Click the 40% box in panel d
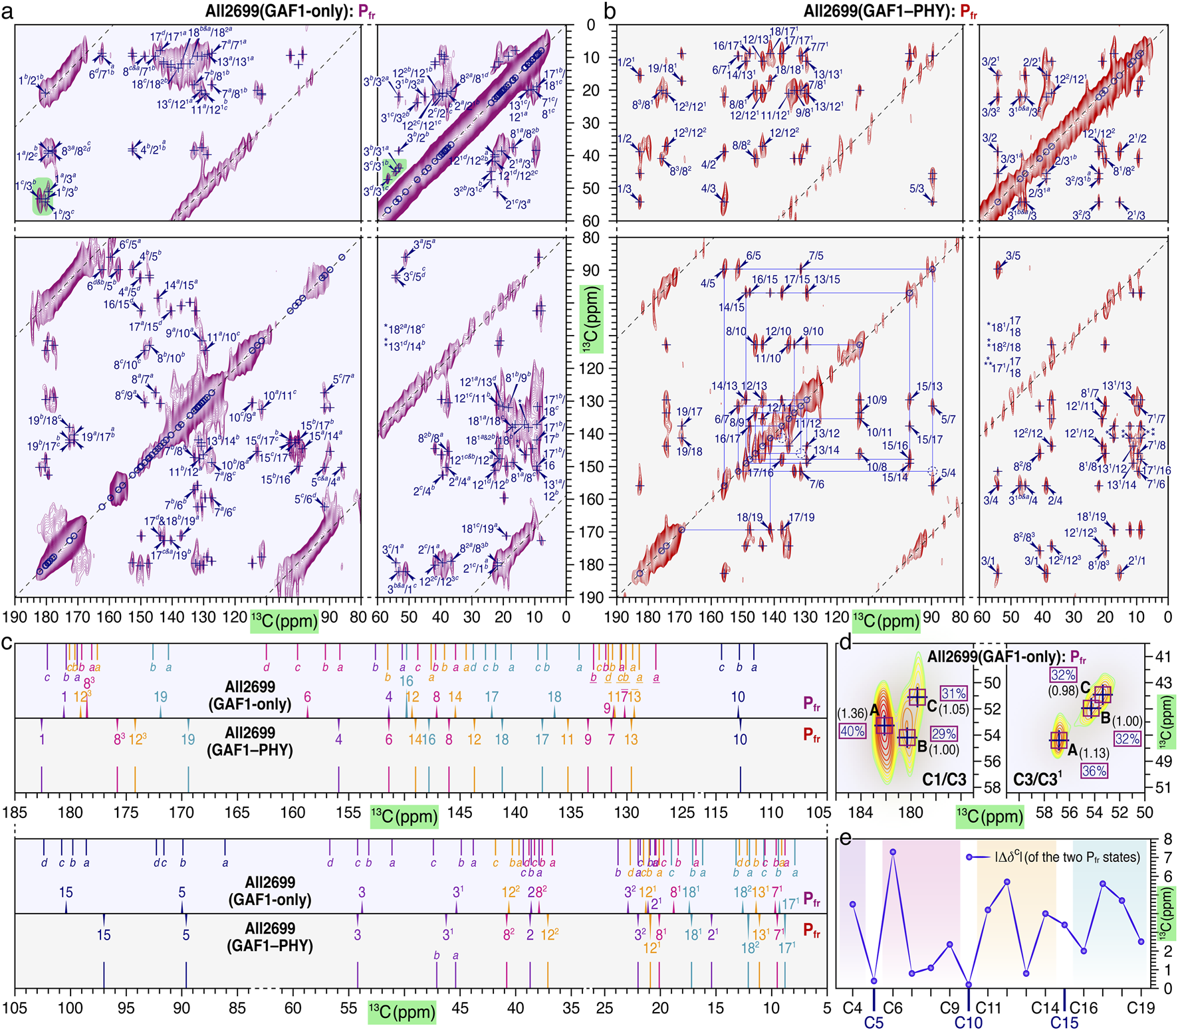pyautogui.click(x=853, y=731)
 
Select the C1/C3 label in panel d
pyautogui.click(x=944, y=779)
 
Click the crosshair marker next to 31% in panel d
pyautogui.click(x=918, y=697)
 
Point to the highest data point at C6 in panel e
pyautogui.click(x=893, y=852)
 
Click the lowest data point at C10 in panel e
pyautogui.click(x=969, y=985)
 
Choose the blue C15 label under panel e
pyautogui.click(x=1064, y=1022)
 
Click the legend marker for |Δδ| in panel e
pyautogui.click(x=970, y=858)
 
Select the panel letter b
pyautogui.click(x=610, y=11)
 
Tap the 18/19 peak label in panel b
pyautogui.click(x=749, y=517)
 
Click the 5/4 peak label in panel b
pyautogui.click(x=948, y=472)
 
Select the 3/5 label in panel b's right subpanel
pyautogui.click(x=1012, y=256)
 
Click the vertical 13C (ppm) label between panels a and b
pyautogui.click(x=591, y=320)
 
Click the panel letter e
pyautogui.click(x=845, y=839)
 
